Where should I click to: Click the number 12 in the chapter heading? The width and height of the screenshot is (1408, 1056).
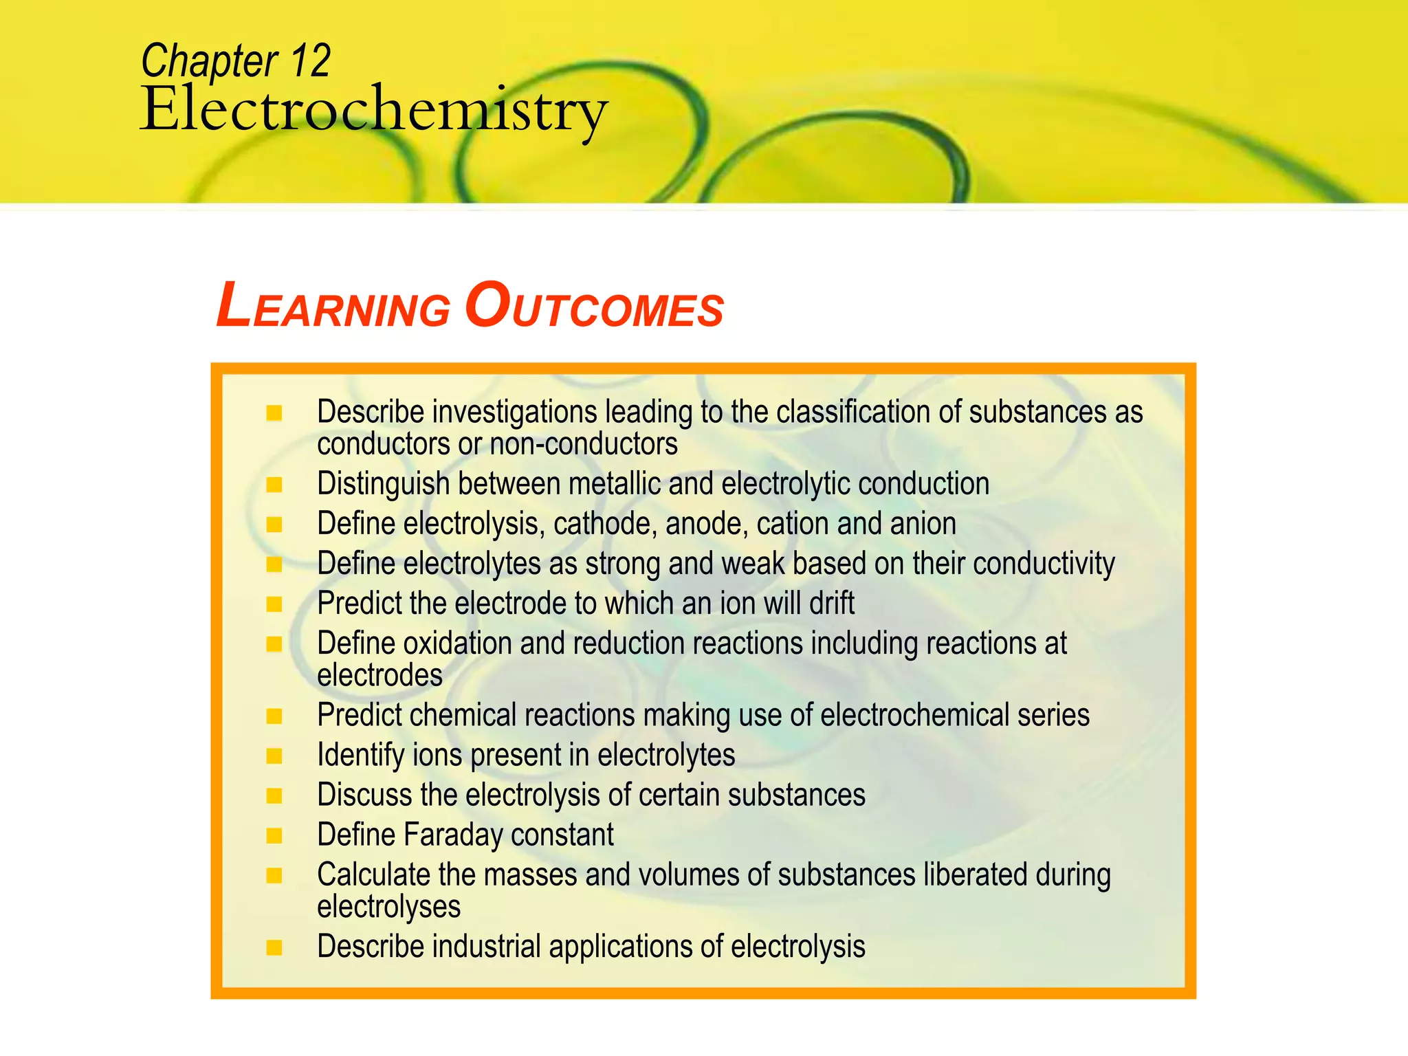point(311,60)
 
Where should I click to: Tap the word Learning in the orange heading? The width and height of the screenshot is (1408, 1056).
point(333,307)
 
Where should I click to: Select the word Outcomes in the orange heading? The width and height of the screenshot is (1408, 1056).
point(594,307)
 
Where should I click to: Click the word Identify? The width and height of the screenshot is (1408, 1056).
point(361,756)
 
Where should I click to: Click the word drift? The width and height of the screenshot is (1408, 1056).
point(831,604)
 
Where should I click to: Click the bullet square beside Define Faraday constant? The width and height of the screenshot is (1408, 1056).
point(274,836)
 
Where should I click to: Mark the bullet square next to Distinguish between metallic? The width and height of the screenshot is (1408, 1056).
point(274,485)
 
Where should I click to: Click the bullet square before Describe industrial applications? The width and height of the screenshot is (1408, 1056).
point(274,947)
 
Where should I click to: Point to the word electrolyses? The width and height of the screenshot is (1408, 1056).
point(388,907)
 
